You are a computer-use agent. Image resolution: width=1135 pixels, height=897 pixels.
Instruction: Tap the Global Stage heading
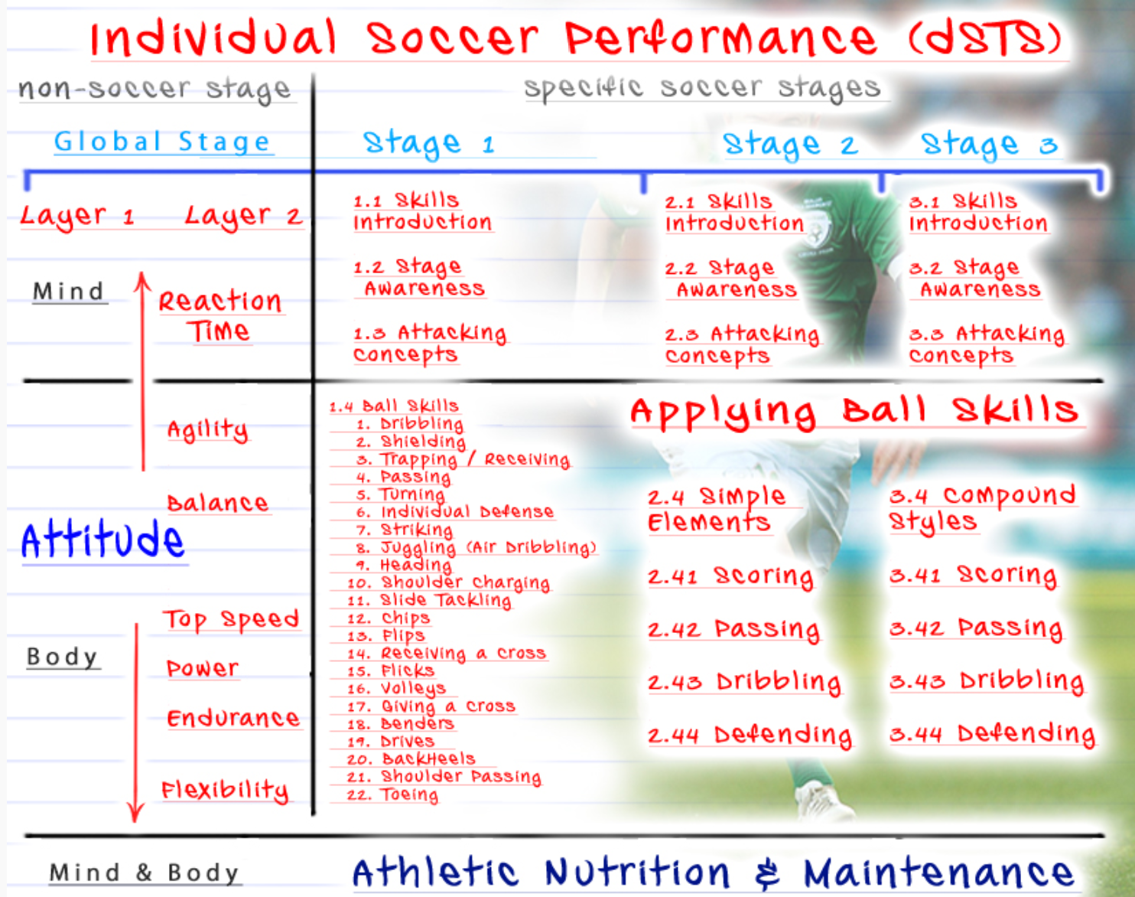pos(162,142)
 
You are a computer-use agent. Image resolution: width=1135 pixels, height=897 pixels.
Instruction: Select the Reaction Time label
pos(220,316)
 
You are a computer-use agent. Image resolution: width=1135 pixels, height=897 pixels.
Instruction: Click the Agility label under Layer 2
pos(207,429)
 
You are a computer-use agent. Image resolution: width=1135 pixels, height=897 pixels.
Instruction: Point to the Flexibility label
pos(225,791)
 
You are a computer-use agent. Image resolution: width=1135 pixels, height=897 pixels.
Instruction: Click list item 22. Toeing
pos(393,794)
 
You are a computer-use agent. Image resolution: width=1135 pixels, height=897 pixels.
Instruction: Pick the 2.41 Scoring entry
pos(731,576)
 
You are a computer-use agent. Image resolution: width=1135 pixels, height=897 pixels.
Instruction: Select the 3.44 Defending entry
pos(992,734)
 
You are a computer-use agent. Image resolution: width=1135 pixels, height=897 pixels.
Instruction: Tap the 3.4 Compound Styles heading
pos(982,508)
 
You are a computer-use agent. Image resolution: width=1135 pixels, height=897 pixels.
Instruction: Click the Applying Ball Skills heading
pos(854,413)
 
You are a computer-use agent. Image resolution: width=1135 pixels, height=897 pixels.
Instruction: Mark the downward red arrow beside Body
pos(136,722)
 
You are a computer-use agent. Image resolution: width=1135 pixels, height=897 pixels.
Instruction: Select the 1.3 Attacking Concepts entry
pos(429,344)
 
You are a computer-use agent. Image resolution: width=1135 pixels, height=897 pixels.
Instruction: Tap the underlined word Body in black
pos(62,657)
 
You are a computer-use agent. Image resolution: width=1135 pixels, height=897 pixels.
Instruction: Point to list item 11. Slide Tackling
pos(429,600)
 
